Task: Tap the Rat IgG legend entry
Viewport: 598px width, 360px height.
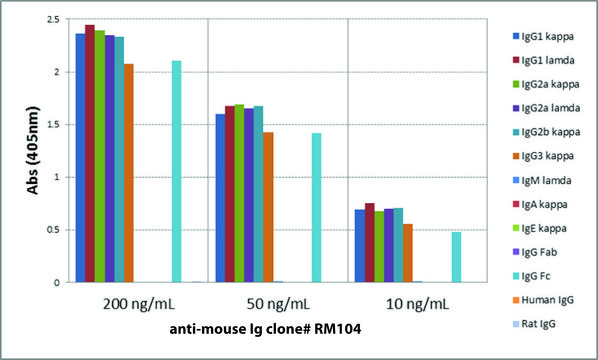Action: [x=540, y=324]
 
